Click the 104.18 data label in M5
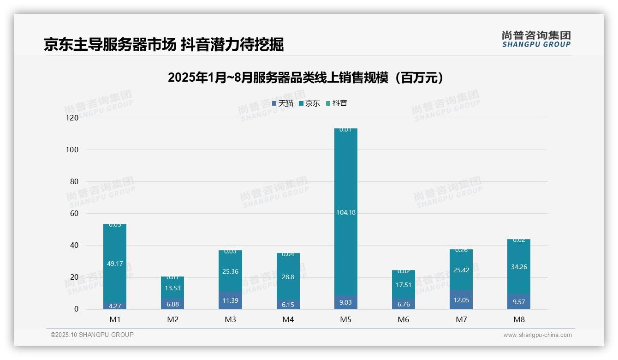point(346,213)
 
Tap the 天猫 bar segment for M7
point(461,300)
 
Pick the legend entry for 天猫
point(283,103)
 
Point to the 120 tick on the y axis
point(72,118)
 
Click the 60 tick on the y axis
point(74,214)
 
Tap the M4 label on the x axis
point(288,319)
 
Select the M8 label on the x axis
point(519,319)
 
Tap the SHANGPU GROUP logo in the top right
point(536,39)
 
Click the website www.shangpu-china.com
point(537,335)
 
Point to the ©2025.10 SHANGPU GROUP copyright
point(92,335)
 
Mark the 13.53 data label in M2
point(173,288)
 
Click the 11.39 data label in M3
point(231,300)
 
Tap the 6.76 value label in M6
point(404,304)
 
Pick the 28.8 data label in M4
point(288,277)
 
